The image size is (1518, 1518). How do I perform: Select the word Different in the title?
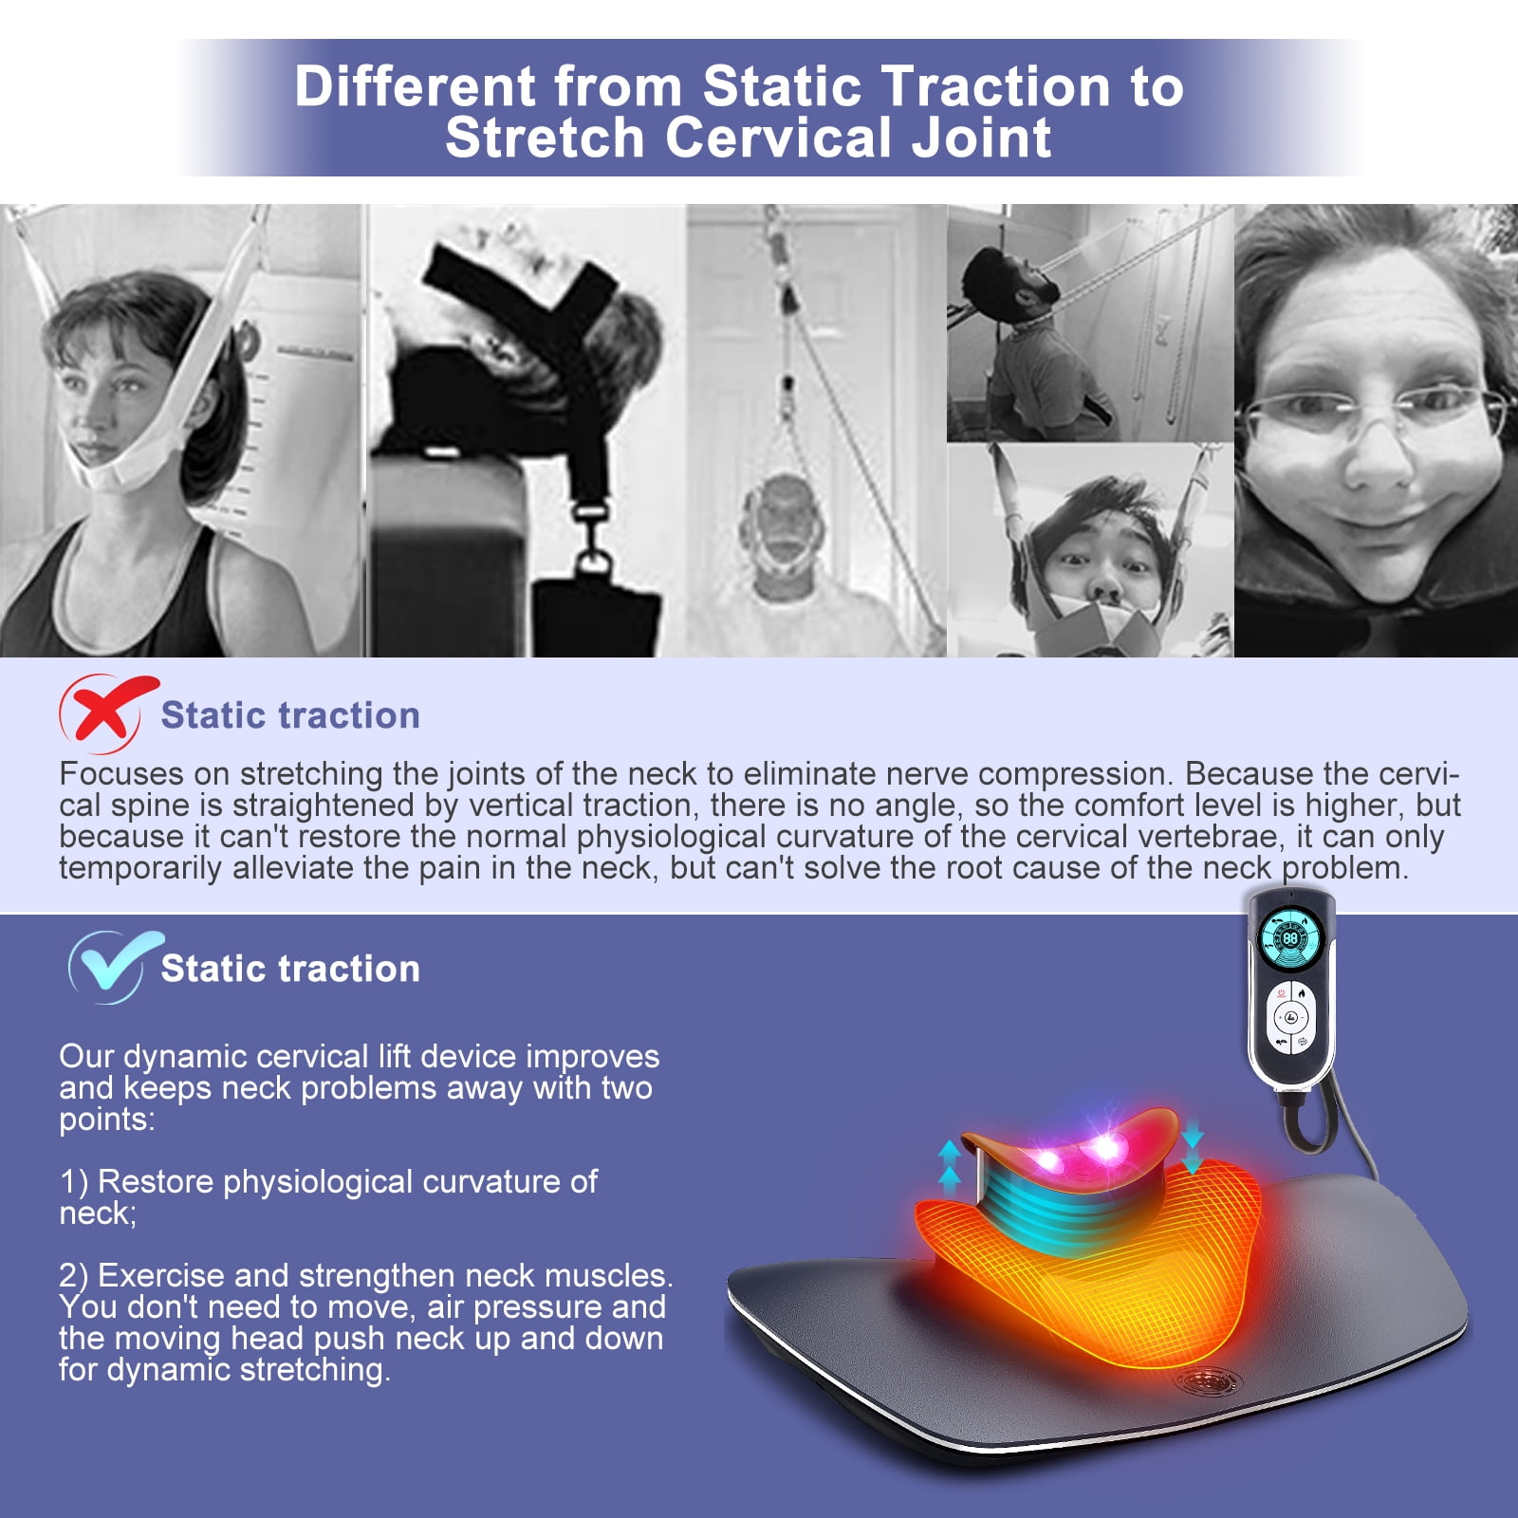pyautogui.click(x=417, y=86)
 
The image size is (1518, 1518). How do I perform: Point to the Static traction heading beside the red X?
pyautogui.click(x=290, y=715)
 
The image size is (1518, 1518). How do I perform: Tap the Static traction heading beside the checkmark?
pyautogui.click(x=290, y=969)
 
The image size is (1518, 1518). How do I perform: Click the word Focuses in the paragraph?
pyautogui.click(x=121, y=774)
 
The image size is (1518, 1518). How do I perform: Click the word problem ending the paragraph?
pyautogui.click(x=1345, y=868)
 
